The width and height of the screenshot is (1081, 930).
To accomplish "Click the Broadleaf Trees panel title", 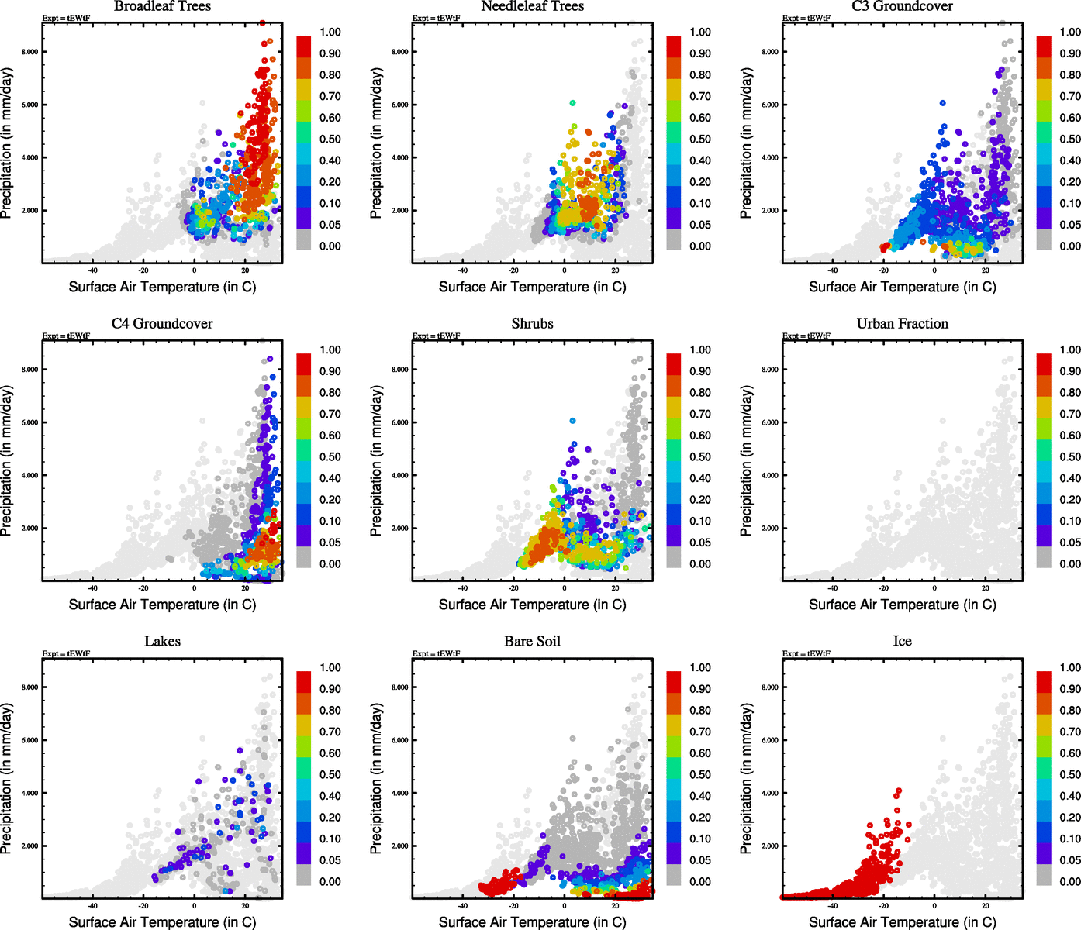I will (162, 6).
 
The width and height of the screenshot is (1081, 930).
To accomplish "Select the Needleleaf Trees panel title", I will (532, 6).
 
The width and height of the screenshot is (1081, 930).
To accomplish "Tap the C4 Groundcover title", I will (162, 323).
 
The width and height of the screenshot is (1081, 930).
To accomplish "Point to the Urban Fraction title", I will (902, 323).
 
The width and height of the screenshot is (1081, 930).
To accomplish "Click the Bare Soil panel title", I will (532, 641).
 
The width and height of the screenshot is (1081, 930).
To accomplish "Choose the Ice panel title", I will (902, 641).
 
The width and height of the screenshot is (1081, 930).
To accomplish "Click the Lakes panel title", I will (162, 641).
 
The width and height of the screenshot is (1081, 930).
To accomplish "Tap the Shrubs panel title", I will (532, 323).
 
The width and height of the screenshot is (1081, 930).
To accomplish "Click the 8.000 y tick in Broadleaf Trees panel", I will (30, 52).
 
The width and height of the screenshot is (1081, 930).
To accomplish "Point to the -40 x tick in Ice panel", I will (832, 905).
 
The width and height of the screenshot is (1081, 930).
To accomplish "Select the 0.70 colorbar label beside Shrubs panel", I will (700, 414).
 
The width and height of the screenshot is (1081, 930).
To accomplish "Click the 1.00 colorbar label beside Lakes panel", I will (330, 667).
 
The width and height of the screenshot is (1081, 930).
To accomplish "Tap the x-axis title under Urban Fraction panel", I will (902, 604).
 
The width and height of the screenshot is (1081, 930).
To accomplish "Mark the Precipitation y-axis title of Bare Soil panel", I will (376, 779).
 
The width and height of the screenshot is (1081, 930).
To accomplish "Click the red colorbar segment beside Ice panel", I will (1044, 681).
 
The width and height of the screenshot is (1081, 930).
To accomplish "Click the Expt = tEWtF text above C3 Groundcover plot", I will (806, 18).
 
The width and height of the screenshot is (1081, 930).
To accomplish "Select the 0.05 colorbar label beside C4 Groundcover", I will (330, 542).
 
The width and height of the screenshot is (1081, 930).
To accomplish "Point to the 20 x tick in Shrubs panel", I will (616, 587).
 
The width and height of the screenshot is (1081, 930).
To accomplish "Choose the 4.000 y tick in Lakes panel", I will (30, 793).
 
